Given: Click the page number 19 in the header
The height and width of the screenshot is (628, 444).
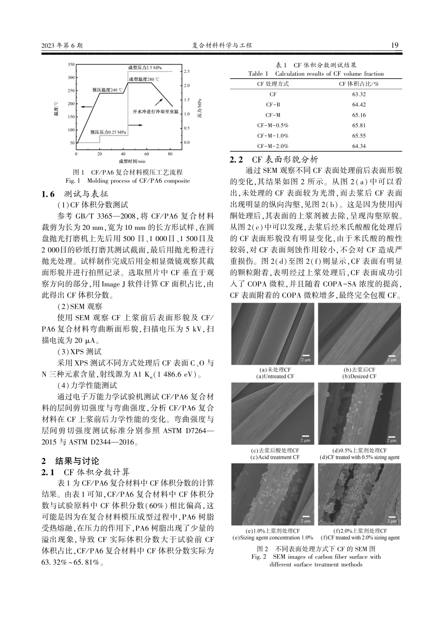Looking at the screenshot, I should click(x=394, y=45).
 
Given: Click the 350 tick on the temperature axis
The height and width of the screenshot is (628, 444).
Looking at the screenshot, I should click(x=71, y=64).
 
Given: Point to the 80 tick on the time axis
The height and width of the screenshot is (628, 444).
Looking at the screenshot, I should click(x=170, y=153).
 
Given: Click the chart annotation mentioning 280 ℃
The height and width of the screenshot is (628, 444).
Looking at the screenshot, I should click(x=144, y=79).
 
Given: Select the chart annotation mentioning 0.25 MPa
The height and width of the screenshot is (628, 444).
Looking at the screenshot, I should click(x=109, y=133).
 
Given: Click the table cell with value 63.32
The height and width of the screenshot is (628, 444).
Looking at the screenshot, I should click(x=359, y=94).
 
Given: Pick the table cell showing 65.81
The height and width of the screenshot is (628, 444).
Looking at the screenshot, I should click(x=359, y=125).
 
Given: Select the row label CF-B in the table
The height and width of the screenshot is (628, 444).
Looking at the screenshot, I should click(x=273, y=105).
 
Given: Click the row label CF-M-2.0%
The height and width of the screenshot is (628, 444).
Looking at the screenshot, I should click(x=273, y=146).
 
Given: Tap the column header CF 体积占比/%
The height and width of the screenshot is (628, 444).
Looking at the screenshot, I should click(x=359, y=84).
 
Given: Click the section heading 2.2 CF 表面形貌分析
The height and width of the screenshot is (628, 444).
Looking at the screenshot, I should click(x=273, y=159).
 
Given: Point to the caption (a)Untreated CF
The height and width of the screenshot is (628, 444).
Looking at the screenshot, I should click(x=275, y=376).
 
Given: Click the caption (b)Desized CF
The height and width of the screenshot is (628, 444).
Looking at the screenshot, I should click(x=359, y=376).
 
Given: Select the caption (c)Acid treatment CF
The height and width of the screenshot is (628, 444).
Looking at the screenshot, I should click(x=275, y=457).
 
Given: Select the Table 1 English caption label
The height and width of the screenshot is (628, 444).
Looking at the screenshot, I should click(x=258, y=73).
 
